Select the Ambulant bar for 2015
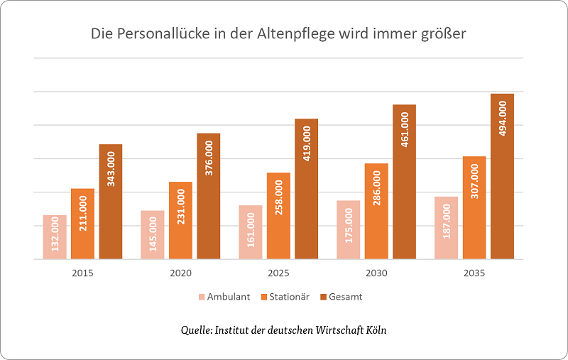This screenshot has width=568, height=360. [x=55, y=237]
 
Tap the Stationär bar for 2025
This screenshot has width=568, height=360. [x=278, y=216]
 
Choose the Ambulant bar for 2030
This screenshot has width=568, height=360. [x=348, y=230]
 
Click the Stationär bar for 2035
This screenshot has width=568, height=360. [x=474, y=207]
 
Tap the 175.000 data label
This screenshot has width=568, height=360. [x=348, y=225]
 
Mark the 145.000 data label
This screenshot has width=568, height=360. [x=153, y=231]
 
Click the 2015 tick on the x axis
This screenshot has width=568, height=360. [x=83, y=273]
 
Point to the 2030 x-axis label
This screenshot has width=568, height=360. [x=376, y=273]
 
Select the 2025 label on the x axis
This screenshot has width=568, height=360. [x=278, y=273]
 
